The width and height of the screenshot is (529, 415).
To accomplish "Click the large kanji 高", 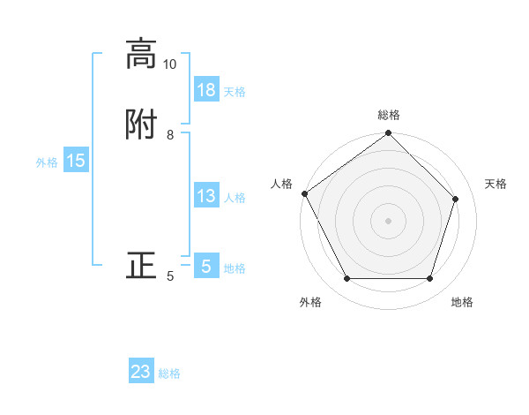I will pyautogui.click(x=141, y=54).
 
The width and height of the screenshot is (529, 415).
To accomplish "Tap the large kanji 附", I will pyautogui.click(x=141, y=125).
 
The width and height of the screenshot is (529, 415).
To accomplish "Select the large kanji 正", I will pyautogui.click(x=141, y=266).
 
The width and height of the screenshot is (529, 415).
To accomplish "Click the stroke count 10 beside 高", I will pyautogui.click(x=169, y=64).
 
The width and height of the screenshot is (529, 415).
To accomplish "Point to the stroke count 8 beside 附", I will pyautogui.click(x=170, y=135).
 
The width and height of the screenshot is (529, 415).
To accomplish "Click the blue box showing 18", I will pyautogui.click(x=206, y=90).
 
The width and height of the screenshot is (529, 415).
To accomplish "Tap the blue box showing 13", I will pyautogui.click(x=206, y=196).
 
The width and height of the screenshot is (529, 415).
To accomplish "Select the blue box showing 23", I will pyautogui.click(x=141, y=372).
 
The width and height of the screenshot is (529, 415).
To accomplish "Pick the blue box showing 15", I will pyautogui.click(x=76, y=161).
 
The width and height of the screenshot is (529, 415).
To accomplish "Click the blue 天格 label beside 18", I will pyautogui.click(x=235, y=92).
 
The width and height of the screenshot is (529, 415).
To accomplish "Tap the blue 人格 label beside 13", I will pyautogui.click(x=235, y=198).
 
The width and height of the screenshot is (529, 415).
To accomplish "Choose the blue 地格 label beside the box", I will pyautogui.click(x=235, y=268).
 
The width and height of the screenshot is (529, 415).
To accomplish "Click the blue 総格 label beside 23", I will pyautogui.click(x=169, y=373).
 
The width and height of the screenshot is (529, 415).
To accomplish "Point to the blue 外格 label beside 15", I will pyautogui.click(x=47, y=162).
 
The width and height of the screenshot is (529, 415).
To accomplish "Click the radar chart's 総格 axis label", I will pyautogui.click(x=389, y=115).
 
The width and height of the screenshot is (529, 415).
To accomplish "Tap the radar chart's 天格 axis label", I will pyautogui.click(x=495, y=184).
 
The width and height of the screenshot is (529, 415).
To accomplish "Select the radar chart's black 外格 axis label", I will pyautogui.click(x=310, y=302).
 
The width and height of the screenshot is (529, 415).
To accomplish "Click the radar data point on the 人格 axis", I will pyautogui.click(x=305, y=193).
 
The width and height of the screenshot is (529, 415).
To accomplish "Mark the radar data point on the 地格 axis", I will pyautogui.click(x=429, y=279).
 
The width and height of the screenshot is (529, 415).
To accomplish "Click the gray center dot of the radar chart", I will pyautogui.click(x=388, y=221).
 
